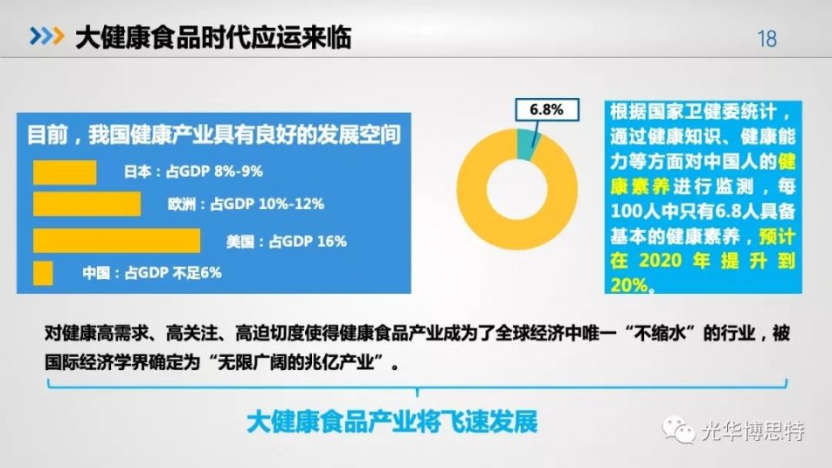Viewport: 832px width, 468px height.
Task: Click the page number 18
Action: click(767, 39)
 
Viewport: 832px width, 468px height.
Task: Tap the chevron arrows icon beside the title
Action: click(47, 36)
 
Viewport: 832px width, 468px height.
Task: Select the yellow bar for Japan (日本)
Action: click(65, 172)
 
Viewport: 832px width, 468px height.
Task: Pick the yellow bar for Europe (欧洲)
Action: click(87, 205)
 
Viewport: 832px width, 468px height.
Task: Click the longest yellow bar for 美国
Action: click(117, 241)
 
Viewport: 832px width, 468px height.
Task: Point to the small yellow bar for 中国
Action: click(43, 273)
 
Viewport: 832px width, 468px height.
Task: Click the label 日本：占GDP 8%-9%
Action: click(193, 172)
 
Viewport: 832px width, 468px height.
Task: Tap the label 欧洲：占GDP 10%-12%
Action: click(245, 204)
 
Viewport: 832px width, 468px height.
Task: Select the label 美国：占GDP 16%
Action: click(287, 242)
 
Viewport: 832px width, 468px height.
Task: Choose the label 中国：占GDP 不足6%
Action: click(152, 273)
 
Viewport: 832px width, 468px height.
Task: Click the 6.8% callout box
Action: click(547, 110)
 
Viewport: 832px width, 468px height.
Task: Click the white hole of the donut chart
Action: click(517, 190)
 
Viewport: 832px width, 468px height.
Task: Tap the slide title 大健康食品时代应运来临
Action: click(213, 37)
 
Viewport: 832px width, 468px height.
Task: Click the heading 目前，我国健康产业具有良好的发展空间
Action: click(214, 135)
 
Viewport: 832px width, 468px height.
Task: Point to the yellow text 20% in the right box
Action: click(629, 285)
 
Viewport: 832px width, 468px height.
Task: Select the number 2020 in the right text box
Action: click(660, 261)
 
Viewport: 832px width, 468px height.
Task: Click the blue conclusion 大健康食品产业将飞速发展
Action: click(392, 422)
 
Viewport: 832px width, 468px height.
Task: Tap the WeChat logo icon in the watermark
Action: click(678, 429)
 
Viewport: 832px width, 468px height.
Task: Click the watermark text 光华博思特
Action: click(753, 431)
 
